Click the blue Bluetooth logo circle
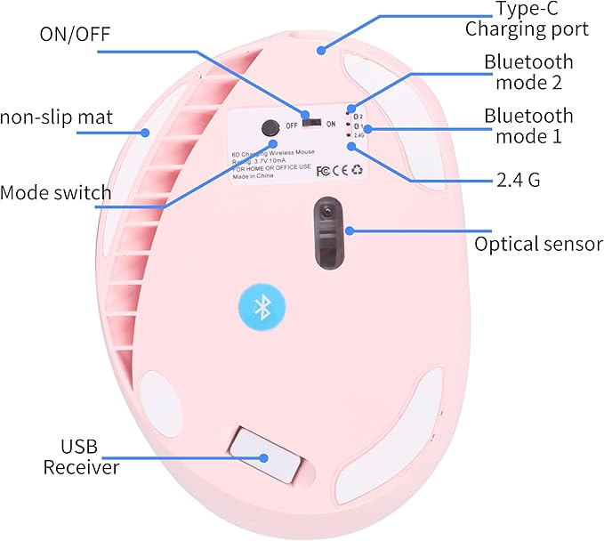pos(262,307)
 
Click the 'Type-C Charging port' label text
pos(527,20)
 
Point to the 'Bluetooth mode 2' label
pos(527,73)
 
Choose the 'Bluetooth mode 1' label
pos(527,125)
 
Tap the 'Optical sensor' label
pos(537,243)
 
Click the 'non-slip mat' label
pos(50,117)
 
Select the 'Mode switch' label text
pos(56,192)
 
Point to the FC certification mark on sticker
pos(324,169)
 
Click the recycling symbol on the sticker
pos(358,169)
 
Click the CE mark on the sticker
pos(341,169)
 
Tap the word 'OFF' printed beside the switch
pos(291,125)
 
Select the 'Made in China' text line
pos(253,176)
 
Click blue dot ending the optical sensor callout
pos(350,230)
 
